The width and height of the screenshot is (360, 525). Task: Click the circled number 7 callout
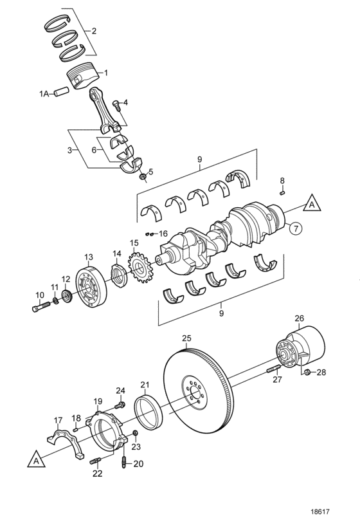[x=296, y=228]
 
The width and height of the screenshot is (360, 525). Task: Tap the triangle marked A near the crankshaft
[x=312, y=204]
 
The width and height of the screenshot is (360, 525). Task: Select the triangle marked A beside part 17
[x=36, y=460]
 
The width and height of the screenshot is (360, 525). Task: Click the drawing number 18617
[x=320, y=512]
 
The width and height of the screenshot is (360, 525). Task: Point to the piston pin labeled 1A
[x=62, y=92]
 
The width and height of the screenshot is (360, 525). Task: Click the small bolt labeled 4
[x=116, y=105]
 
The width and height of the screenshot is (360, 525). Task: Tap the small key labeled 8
[x=282, y=192]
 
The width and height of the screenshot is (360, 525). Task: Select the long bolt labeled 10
[x=41, y=306]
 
